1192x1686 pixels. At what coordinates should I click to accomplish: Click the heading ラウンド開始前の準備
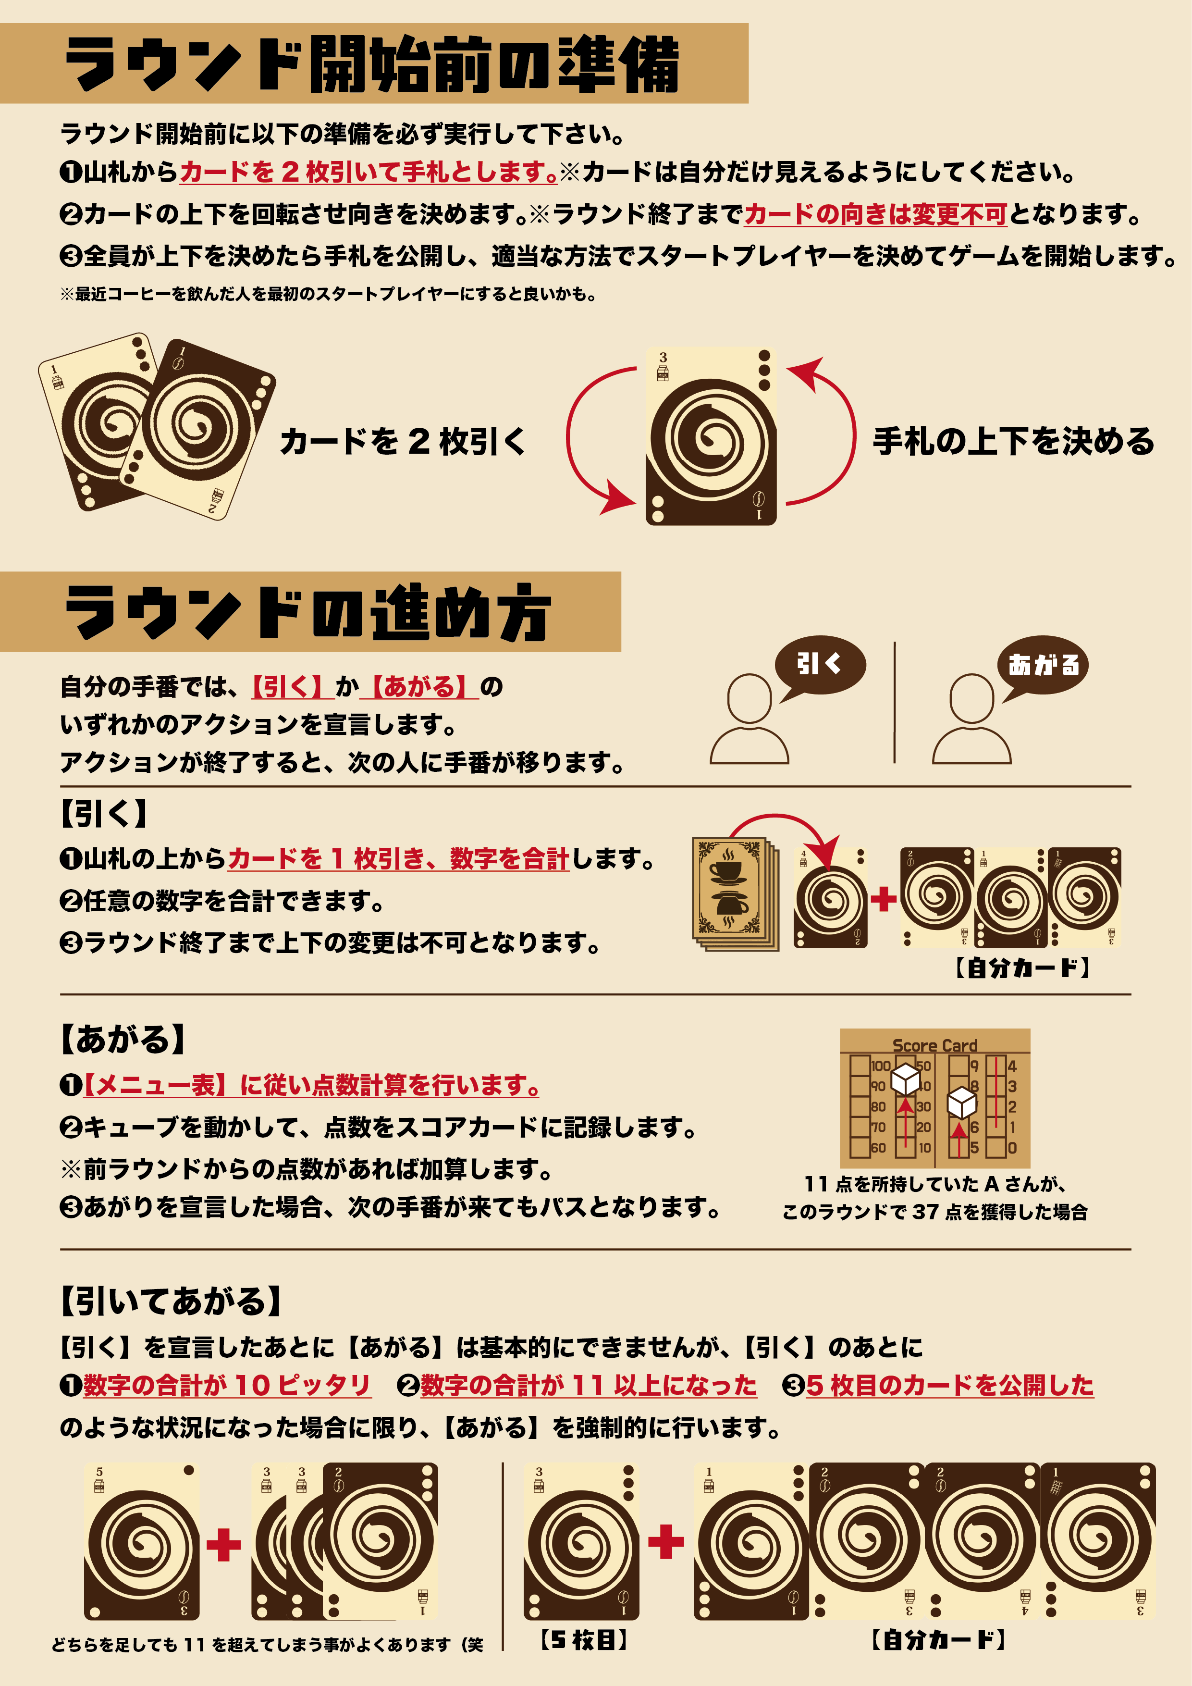(372, 64)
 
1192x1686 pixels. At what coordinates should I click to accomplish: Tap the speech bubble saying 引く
(820, 665)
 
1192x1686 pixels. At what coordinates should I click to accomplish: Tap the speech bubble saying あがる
(1043, 665)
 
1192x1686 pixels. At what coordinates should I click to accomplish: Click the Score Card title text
(934, 1044)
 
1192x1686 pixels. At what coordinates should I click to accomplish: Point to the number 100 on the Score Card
(880, 1066)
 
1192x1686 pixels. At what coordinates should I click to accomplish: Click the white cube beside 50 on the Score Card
(905, 1079)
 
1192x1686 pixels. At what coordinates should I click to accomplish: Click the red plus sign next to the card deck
(884, 898)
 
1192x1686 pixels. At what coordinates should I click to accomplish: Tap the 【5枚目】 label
(584, 1640)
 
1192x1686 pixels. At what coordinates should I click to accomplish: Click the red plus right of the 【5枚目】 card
(666, 1541)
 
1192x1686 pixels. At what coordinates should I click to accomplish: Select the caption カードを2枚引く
(403, 441)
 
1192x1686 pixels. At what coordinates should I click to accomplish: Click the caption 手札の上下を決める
(1014, 441)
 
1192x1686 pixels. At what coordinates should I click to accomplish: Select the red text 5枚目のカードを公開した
(950, 1385)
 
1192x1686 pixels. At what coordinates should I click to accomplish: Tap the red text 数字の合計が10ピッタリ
(227, 1385)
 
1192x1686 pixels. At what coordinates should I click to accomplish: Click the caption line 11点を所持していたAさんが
(934, 1184)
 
